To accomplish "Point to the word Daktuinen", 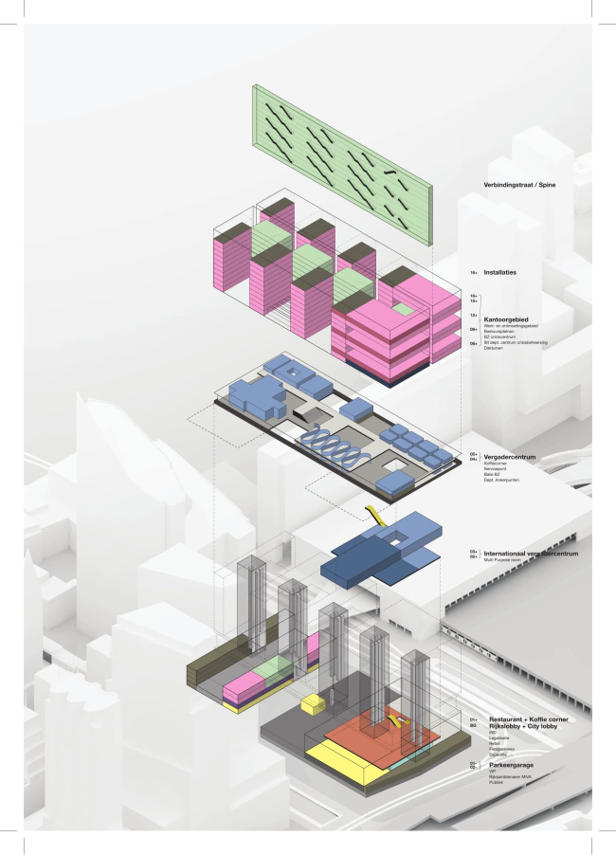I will [494, 347].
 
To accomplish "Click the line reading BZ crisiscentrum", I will [498, 336].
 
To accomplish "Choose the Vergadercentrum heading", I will [510, 456].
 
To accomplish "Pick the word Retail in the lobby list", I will [494, 743].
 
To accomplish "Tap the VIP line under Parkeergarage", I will [491, 770].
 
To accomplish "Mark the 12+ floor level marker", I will [473, 315].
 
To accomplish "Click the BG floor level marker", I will [472, 726].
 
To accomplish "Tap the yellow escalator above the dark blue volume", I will [374, 516].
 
